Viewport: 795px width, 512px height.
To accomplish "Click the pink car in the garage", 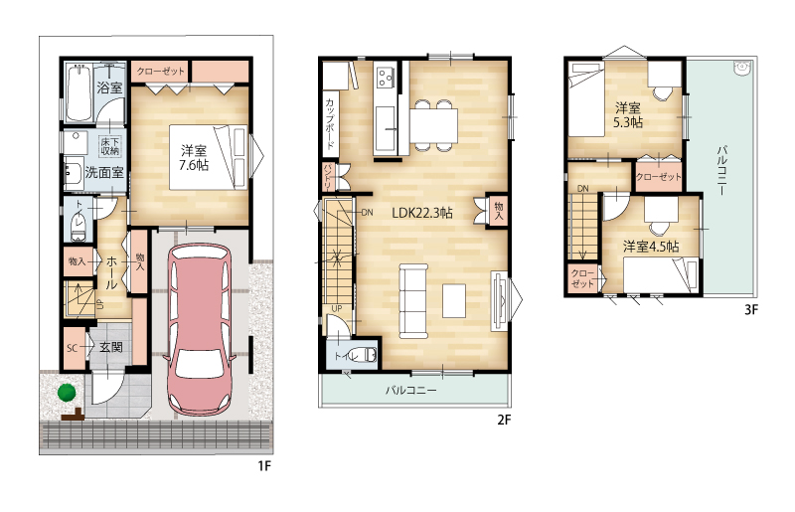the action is click(x=200, y=330).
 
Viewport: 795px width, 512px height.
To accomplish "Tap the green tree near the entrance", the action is click(x=66, y=393).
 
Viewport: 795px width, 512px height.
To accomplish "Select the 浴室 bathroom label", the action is click(x=109, y=87).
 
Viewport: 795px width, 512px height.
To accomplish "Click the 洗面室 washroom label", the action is click(x=104, y=173).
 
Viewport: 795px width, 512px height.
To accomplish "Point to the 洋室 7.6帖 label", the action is click(x=194, y=158).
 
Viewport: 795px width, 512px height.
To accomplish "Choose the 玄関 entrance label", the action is click(x=110, y=348).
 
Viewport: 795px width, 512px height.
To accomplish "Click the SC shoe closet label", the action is click(x=72, y=348).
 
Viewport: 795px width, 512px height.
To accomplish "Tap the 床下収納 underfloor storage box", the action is click(x=109, y=145).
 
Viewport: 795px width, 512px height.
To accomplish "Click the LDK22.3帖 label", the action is click(x=421, y=213).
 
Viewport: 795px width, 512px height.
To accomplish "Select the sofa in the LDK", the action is click(x=413, y=300).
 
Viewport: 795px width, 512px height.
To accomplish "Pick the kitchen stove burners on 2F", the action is click(x=386, y=78).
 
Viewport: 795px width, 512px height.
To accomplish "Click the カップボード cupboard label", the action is click(x=330, y=124).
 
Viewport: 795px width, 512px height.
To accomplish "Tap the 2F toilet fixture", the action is click(x=365, y=355).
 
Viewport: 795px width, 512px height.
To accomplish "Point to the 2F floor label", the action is click(x=504, y=420).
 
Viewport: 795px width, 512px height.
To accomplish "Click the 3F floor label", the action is click(x=751, y=309).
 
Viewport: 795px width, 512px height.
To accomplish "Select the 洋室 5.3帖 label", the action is click(x=628, y=115).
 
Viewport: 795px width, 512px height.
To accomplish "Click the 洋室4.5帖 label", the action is click(x=651, y=247).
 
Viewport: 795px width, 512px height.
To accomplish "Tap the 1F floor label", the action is click(x=264, y=466).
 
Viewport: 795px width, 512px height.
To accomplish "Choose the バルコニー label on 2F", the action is click(x=410, y=391).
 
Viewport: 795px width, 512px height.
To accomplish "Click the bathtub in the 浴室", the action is click(x=79, y=92).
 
